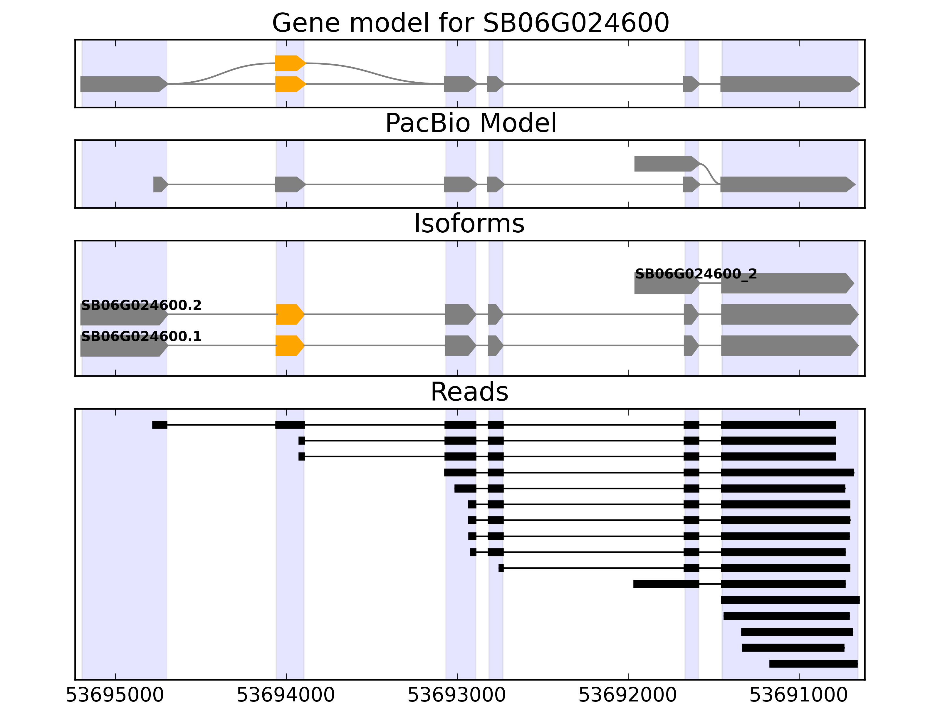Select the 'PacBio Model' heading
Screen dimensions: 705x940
pos(470,123)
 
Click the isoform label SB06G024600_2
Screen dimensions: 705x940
pos(696,274)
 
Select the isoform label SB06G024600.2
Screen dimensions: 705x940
pos(141,305)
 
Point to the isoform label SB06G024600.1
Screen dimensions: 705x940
pos(141,337)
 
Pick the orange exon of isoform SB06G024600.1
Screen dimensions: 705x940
pos(289,345)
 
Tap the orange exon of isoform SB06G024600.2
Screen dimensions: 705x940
pos(289,315)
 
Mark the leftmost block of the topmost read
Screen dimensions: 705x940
pos(160,424)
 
